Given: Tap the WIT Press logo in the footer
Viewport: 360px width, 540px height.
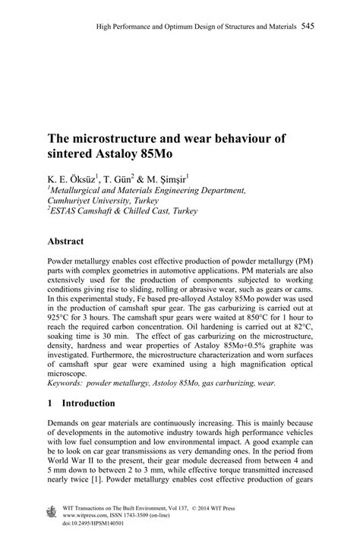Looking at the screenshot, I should click(52, 510).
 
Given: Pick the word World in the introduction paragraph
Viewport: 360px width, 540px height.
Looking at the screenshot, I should click(62, 462).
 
